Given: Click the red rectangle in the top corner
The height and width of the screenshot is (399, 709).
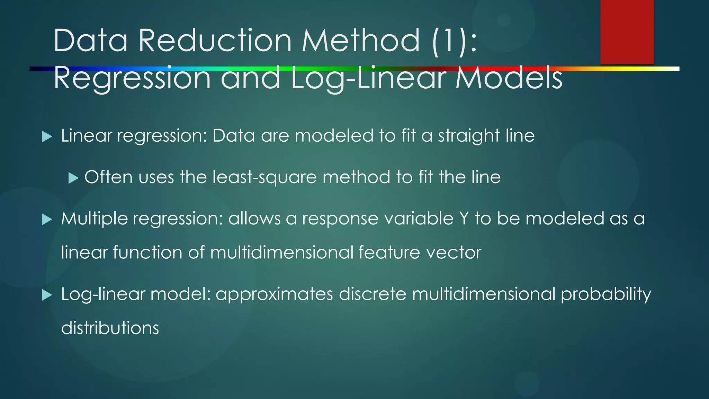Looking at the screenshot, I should [x=627, y=32].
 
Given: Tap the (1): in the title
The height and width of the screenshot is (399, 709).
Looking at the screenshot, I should [x=455, y=41].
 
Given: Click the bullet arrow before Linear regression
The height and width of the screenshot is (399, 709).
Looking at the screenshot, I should [x=47, y=136].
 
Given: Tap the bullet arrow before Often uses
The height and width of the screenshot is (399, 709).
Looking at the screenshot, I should [x=73, y=178].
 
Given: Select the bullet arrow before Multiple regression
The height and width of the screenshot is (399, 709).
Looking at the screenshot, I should [x=47, y=219].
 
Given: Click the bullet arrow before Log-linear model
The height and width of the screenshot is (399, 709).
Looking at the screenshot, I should [x=47, y=295].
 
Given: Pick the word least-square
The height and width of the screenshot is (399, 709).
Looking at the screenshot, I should [x=264, y=178].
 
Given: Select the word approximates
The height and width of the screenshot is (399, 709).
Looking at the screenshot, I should [x=274, y=294].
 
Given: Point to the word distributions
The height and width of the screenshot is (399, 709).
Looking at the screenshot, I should [x=110, y=328].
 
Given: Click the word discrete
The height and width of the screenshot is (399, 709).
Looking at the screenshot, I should [x=373, y=294].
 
